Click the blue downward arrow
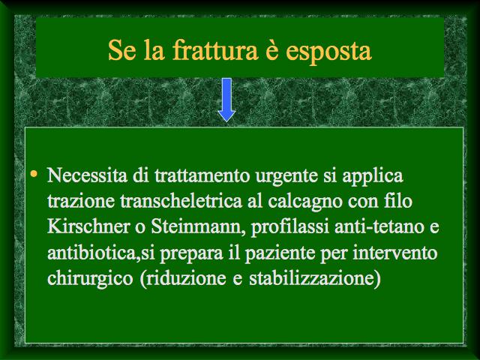point(226,100)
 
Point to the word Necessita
point(88,175)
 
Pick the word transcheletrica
point(181,201)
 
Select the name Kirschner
point(88,226)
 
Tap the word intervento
point(395,253)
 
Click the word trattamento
point(202,176)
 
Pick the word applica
point(373,177)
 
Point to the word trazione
point(81,202)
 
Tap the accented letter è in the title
point(272,50)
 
